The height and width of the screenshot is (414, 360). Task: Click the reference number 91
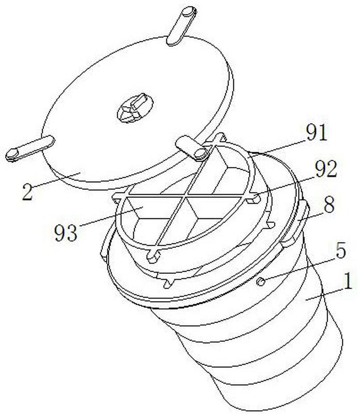pos(317,132)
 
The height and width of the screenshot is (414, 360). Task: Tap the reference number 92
pos(326,169)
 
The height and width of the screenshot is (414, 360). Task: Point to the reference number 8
pos(329,204)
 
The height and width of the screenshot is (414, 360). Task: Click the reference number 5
pos(340,250)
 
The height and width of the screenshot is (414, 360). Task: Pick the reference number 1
pos(349,282)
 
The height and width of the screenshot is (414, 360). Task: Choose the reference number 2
pos(28,191)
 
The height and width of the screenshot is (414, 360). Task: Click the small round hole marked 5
pos(261,282)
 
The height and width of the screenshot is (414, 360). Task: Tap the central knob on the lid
pos(135,108)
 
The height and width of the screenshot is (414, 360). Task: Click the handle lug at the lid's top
pos(182,26)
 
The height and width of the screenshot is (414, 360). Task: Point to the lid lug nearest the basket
pos(192,148)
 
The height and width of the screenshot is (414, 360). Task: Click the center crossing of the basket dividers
pos(187,196)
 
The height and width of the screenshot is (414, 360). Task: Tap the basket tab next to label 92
pos(253,198)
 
